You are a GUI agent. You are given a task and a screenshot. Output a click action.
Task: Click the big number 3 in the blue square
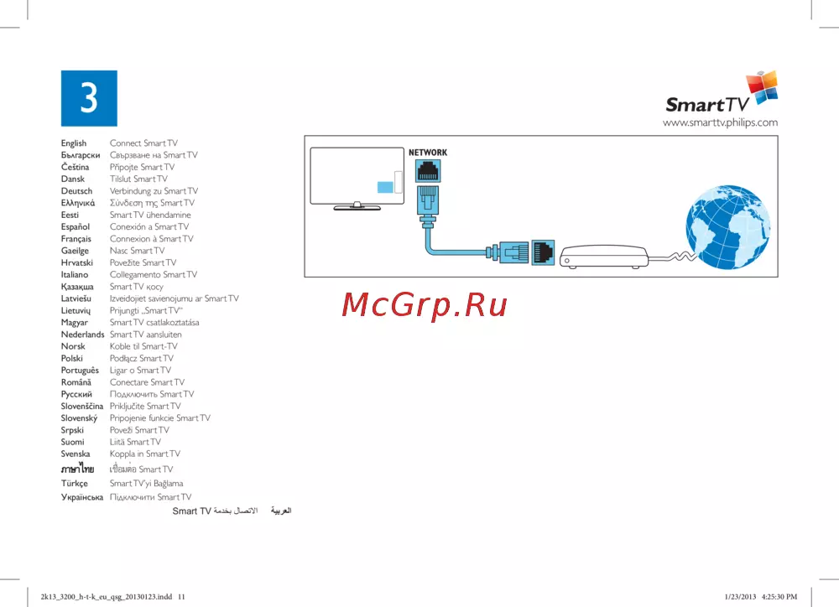[x=89, y=98]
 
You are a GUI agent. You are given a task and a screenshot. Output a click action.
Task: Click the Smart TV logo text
[x=706, y=104]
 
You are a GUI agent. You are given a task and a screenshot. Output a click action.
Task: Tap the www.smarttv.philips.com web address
[x=720, y=122]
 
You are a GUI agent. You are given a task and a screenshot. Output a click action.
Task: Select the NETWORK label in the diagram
[x=428, y=153]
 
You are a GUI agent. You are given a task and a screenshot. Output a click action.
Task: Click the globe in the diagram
[x=727, y=226]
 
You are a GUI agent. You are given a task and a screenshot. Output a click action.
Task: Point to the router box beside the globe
[x=603, y=257]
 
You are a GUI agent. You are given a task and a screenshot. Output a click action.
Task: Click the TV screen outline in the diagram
[x=357, y=176]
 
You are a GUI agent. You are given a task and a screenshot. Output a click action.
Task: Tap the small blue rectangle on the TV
[x=385, y=187]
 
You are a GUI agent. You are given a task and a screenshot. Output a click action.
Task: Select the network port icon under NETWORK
[x=428, y=171]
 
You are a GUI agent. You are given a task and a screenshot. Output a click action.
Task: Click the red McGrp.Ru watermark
[x=425, y=305]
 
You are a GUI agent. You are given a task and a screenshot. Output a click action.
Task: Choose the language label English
[x=73, y=143]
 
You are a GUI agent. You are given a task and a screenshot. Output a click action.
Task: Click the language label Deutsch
[x=76, y=191]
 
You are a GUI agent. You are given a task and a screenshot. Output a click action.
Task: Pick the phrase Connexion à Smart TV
[x=151, y=238]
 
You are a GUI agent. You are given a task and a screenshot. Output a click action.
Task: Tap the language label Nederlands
[x=82, y=335]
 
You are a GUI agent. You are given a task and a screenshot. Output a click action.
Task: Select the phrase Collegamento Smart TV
[x=154, y=274]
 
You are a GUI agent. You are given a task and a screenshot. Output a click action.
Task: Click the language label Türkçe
[x=75, y=484]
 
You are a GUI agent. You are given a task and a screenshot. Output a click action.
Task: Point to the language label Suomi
[x=72, y=442]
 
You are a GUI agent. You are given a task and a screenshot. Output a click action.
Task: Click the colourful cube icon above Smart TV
[x=762, y=87]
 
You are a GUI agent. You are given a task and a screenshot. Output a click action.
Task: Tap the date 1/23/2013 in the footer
[x=740, y=597]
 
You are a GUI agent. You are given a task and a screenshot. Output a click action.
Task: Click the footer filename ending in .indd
[x=107, y=597]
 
